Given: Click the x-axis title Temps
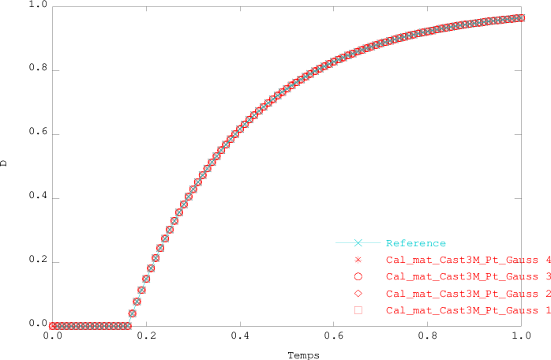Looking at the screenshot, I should (x=303, y=355).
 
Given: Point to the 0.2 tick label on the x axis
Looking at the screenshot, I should (x=145, y=336).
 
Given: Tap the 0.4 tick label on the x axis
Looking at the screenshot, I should (x=239, y=336).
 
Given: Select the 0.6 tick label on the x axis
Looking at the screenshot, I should (x=333, y=336).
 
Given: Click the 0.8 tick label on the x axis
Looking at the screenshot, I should (x=427, y=336).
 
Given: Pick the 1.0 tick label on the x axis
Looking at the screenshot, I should (x=521, y=336).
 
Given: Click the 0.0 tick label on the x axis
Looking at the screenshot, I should (x=52, y=336).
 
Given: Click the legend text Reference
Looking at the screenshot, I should (x=416, y=243).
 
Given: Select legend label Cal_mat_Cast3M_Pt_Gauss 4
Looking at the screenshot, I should (x=467, y=260).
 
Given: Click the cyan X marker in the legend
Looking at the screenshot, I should (x=358, y=243).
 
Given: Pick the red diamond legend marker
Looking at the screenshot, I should (x=358, y=294).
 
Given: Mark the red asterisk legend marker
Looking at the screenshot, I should (x=358, y=260).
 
